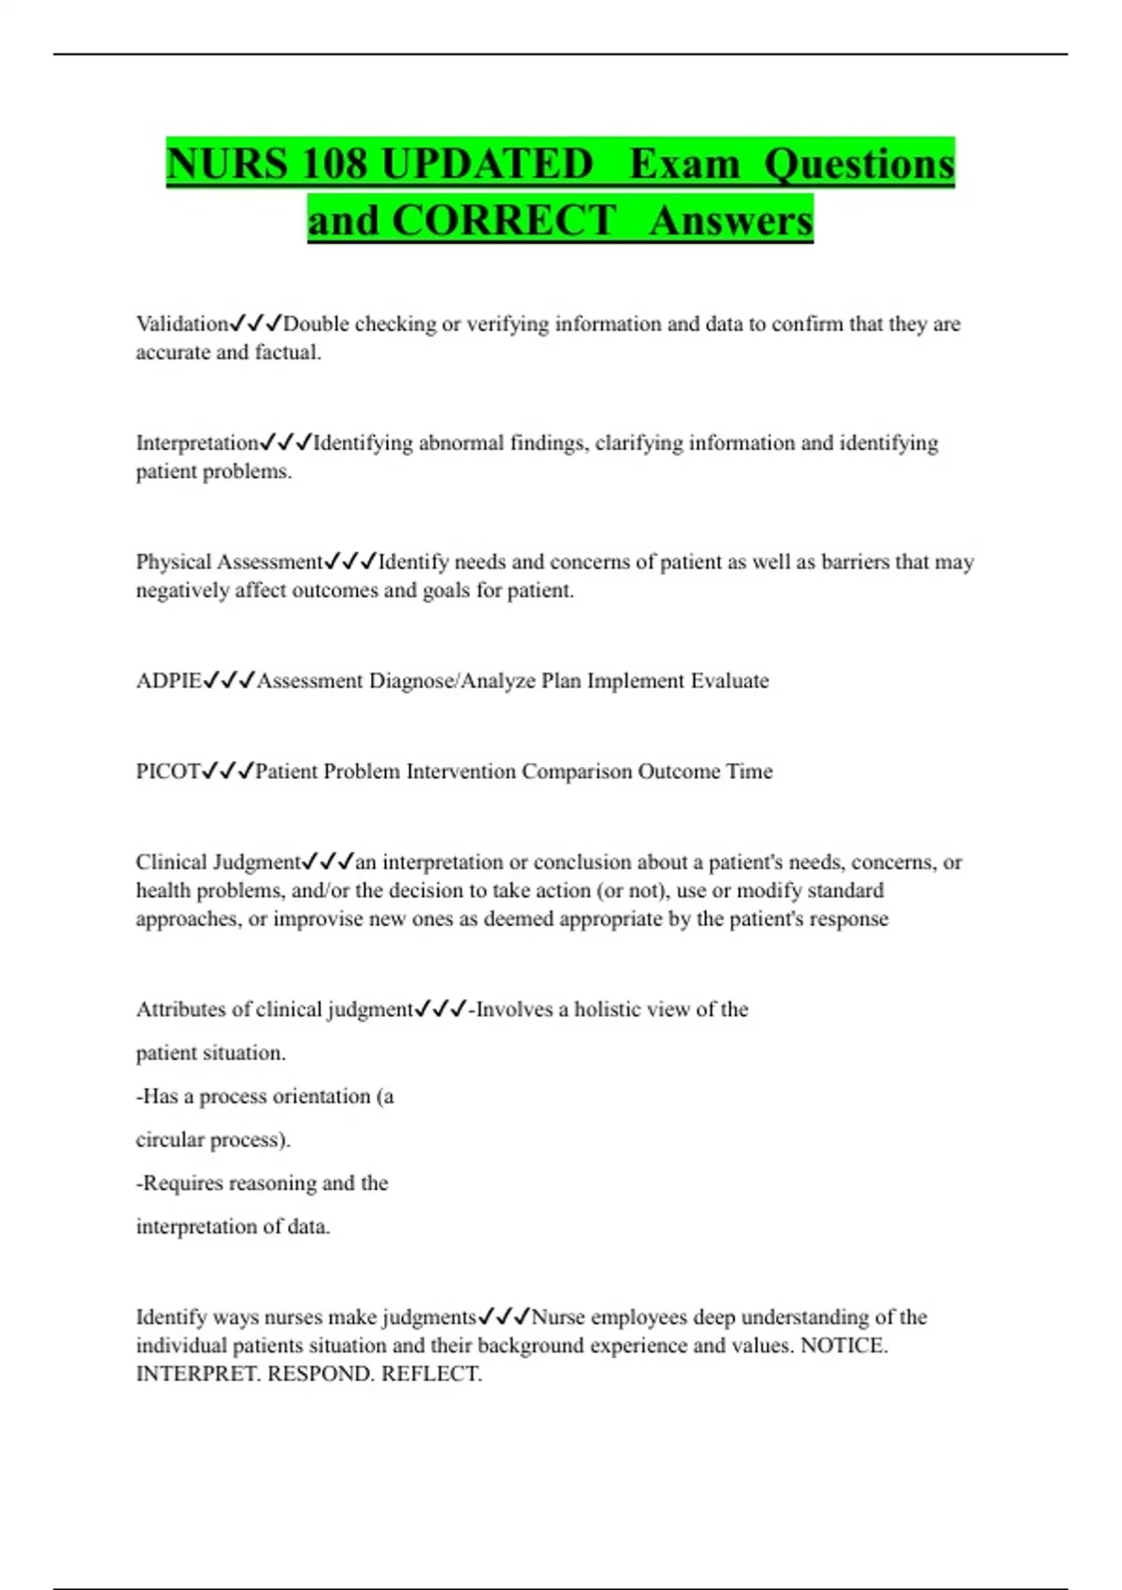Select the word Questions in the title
[859, 164]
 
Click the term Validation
[182, 325]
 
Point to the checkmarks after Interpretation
[286, 442]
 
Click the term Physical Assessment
[229, 562]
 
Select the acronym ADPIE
[168, 681]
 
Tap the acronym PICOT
[168, 772]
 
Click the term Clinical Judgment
[218, 862]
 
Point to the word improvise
[318, 919]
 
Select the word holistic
[610, 1010]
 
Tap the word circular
[170, 1140]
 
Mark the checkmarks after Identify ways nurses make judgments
[504, 1317]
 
